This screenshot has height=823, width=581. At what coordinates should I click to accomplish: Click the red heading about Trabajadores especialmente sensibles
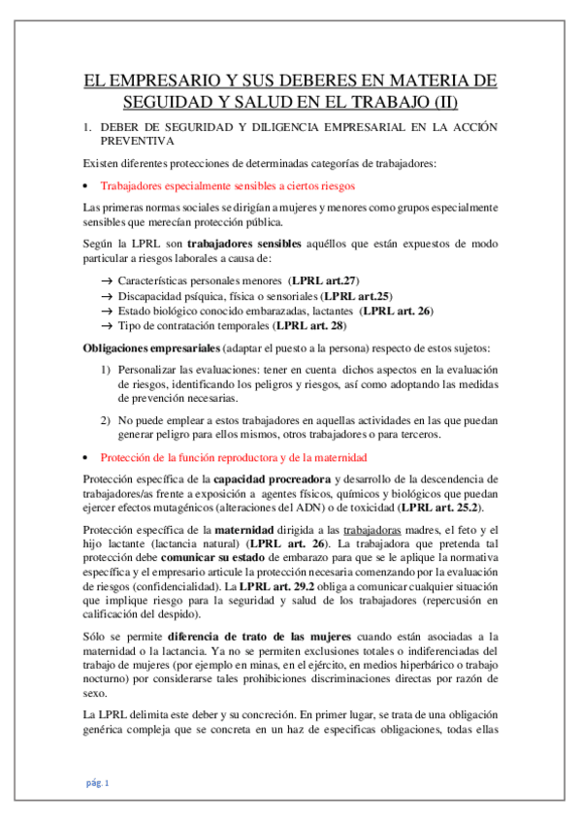tap(228, 184)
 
